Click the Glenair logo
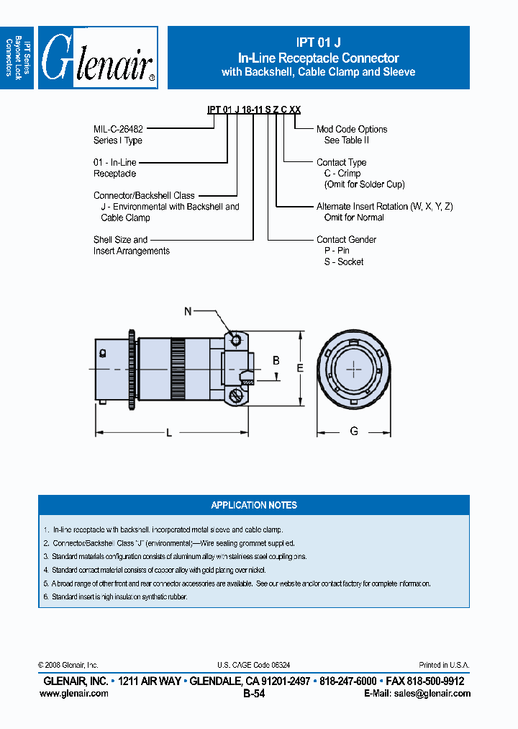98,58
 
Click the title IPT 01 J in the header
318,43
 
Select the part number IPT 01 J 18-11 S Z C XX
254,109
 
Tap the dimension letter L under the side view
169,432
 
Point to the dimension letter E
301,367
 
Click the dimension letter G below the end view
354,431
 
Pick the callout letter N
188,311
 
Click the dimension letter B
275,360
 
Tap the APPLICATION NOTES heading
254,505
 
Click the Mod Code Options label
352,129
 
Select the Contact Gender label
346,239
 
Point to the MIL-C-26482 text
118,129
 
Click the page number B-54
254,694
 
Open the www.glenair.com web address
73,693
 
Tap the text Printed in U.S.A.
444,665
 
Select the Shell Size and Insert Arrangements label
132,245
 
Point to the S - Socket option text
344,261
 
